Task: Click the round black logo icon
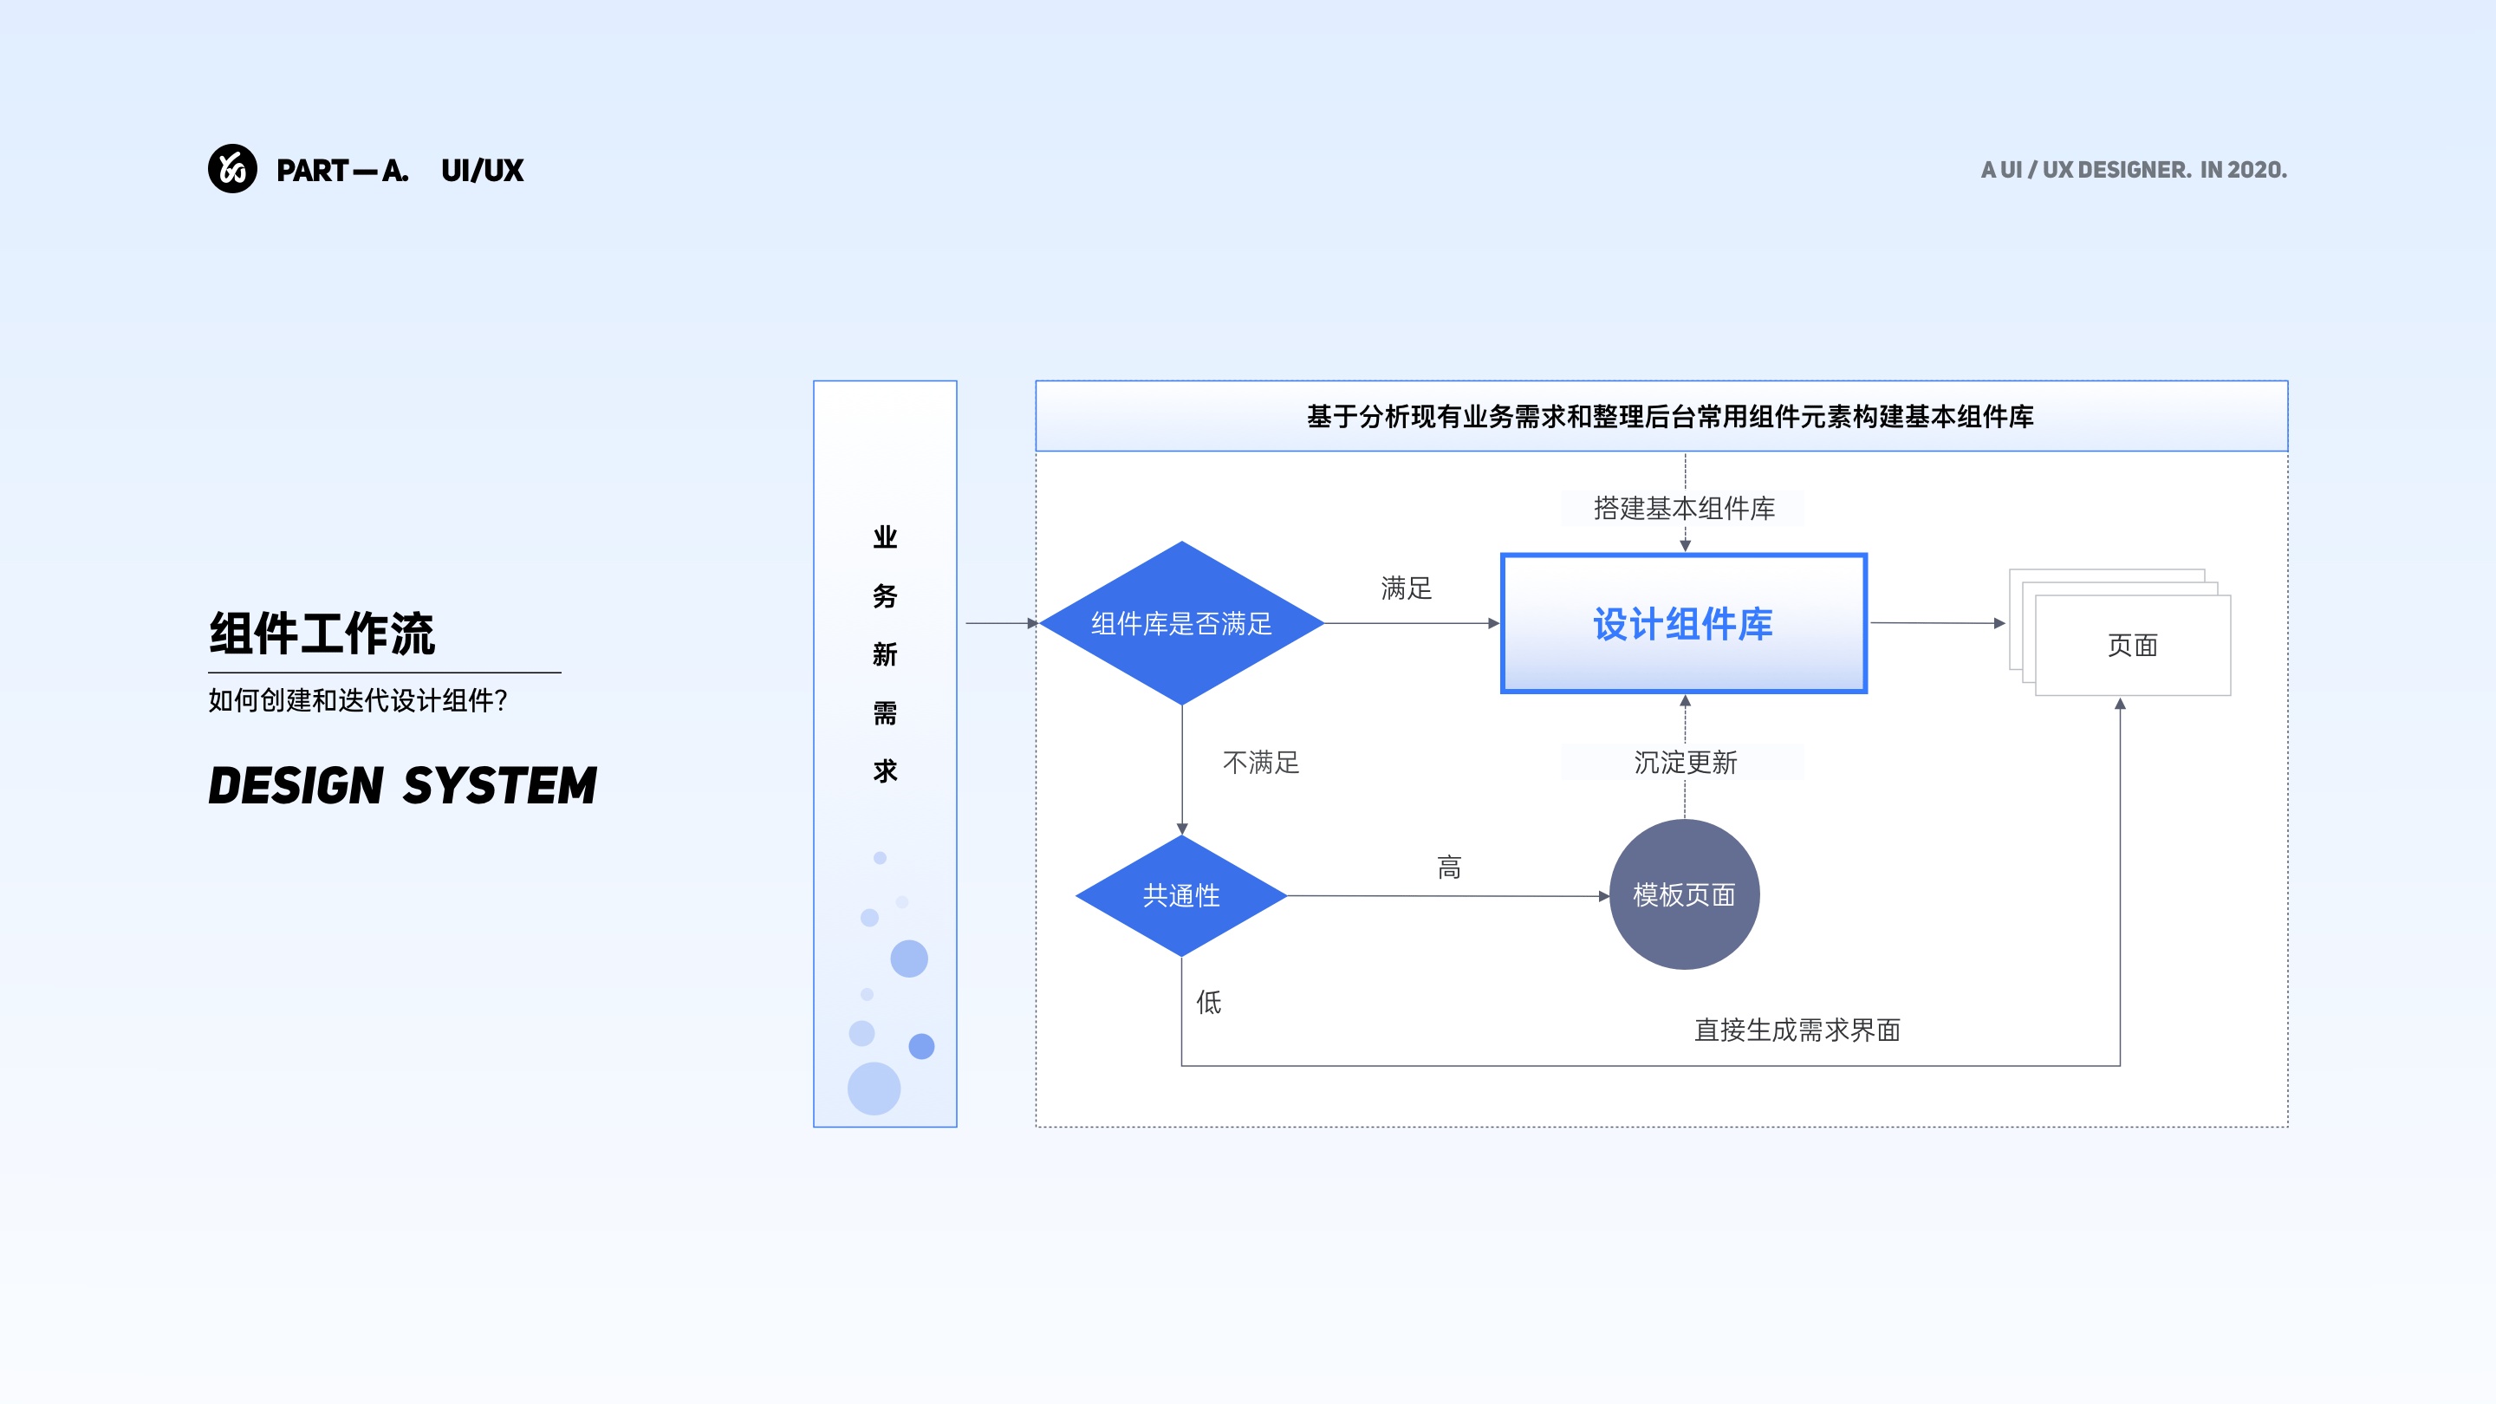(232, 169)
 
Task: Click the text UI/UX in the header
(482, 171)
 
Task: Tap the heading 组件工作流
(322, 634)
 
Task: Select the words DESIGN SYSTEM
(402, 785)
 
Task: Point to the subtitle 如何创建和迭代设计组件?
(358, 700)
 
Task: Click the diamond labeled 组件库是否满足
(1181, 623)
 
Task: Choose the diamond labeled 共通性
(1181, 895)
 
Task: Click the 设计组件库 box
(1683, 623)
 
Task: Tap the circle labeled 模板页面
(1684, 894)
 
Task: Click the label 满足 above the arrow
(1406, 588)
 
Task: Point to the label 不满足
(1261, 763)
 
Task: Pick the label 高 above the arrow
(1448, 868)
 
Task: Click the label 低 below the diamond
(1208, 1002)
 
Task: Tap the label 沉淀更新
(1685, 763)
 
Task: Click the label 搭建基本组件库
(1684, 508)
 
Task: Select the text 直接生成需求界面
(1797, 1029)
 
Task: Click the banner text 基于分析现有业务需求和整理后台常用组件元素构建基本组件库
(1669, 417)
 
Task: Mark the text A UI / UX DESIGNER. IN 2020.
(2134, 170)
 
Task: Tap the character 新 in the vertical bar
(885, 654)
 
